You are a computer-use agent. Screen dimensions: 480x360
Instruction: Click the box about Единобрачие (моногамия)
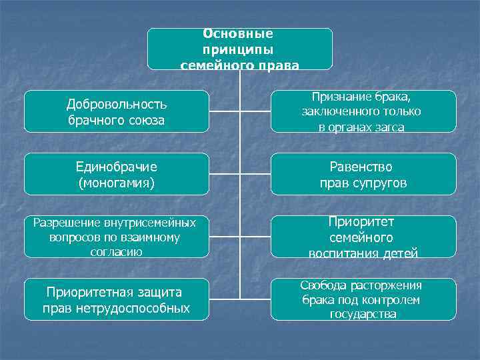pos(117,174)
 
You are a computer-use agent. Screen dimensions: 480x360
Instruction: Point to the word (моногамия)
pos(117,182)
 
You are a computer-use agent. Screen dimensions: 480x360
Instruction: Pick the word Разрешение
pos(65,222)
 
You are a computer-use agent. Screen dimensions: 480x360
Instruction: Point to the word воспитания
pos(341,253)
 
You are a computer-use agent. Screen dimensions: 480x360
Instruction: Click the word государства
pos(363,314)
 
